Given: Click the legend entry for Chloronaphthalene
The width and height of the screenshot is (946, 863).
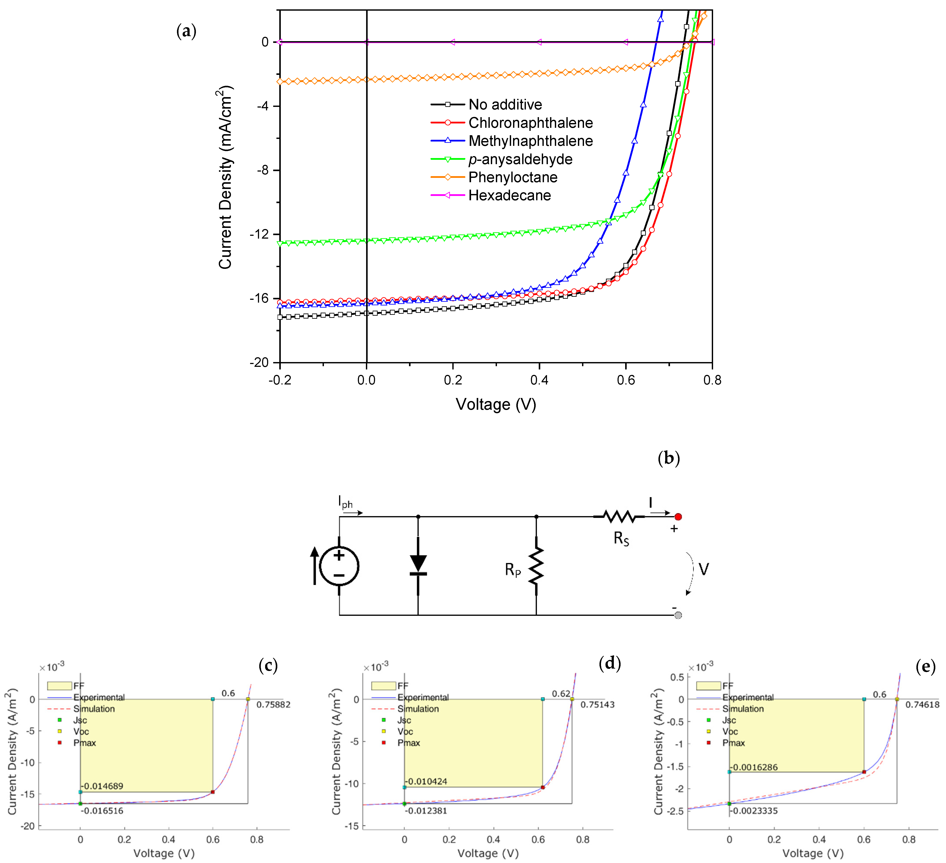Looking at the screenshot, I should [x=530, y=123].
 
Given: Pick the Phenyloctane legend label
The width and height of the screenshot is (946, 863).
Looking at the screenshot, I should [x=513, y=177].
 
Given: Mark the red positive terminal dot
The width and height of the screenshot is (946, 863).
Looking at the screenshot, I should [x=678, y=517].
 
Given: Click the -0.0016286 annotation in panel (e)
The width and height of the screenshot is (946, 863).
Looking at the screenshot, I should [x=754, y=767].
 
